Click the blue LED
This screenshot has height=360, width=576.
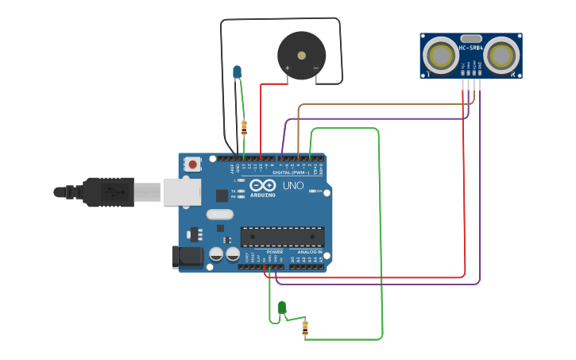tap(237, 72)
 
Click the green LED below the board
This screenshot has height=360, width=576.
tap(281, 307)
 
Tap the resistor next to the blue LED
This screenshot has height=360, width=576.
tap(244, 127)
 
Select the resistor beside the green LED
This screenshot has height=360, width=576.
tap(305, 327)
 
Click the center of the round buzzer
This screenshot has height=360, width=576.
tap(301, 56)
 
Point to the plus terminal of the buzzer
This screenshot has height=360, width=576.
tap(287, 69)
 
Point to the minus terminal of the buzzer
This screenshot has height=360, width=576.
tap(315, 69)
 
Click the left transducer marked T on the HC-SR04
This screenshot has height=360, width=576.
tap(439, 56)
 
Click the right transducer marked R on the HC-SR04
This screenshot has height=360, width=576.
tap(502, 56)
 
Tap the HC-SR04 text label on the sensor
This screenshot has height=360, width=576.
tap(471, 48)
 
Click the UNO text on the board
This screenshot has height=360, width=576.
tap(292, 185)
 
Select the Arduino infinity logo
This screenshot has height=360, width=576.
tap(263, 185)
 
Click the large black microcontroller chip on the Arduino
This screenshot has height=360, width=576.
tap(282, 237)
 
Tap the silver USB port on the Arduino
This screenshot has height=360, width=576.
tap(182, 192)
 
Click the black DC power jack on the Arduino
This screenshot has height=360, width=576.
tap(187, 256)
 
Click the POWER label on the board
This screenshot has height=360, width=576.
tap(274, 252)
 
